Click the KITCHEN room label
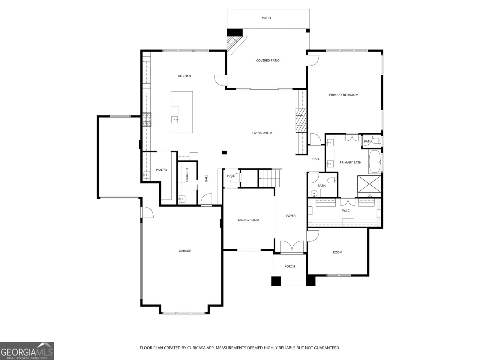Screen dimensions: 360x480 point(184,76)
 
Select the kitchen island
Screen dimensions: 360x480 point(182,112)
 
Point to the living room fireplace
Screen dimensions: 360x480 point(301,120)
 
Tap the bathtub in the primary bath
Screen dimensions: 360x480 point(374,162)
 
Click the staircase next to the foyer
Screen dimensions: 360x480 point(270,178)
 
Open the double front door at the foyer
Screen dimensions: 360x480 point(292,247)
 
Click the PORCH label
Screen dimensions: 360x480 point(289,266)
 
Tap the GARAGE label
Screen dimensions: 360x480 point(185,251)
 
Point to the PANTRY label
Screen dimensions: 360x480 point(161,170)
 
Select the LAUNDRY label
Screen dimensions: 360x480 point(187,175)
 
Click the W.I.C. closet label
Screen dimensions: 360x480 point(346,211)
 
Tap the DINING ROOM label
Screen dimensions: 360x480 point(248,220)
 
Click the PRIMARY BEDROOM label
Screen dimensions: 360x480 point(343,95)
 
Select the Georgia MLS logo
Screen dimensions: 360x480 point(27,351)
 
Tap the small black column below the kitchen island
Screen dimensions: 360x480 point(224,152)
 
